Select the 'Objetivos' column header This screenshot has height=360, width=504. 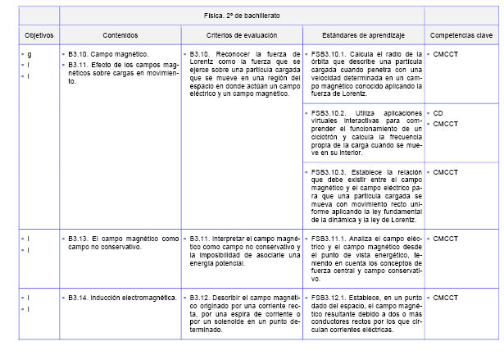coord(39,36)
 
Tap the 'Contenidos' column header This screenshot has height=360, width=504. coord(120,36)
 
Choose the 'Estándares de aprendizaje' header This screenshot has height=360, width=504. coord(363,36)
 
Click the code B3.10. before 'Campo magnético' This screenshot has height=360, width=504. coord(79,53)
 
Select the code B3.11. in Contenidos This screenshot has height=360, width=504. coord(79,62)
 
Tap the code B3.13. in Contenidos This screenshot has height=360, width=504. coord(79,239)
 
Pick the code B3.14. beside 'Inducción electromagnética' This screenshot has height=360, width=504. coord(79,297)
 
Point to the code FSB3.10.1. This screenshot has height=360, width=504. coord(329,53)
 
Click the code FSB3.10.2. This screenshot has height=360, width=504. coord(329,112)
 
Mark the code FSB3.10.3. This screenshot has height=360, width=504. coord(329,172)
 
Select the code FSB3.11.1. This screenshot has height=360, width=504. coord(329,239)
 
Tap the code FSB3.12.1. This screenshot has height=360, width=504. coord(329,297)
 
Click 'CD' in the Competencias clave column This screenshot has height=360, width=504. coord(439,112)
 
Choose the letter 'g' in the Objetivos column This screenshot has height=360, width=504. coord(30,53)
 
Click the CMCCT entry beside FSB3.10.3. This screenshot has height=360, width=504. coord(447,172)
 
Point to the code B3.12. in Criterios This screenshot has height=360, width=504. coord(200,297)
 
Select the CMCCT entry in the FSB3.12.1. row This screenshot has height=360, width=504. coord(447,297)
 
